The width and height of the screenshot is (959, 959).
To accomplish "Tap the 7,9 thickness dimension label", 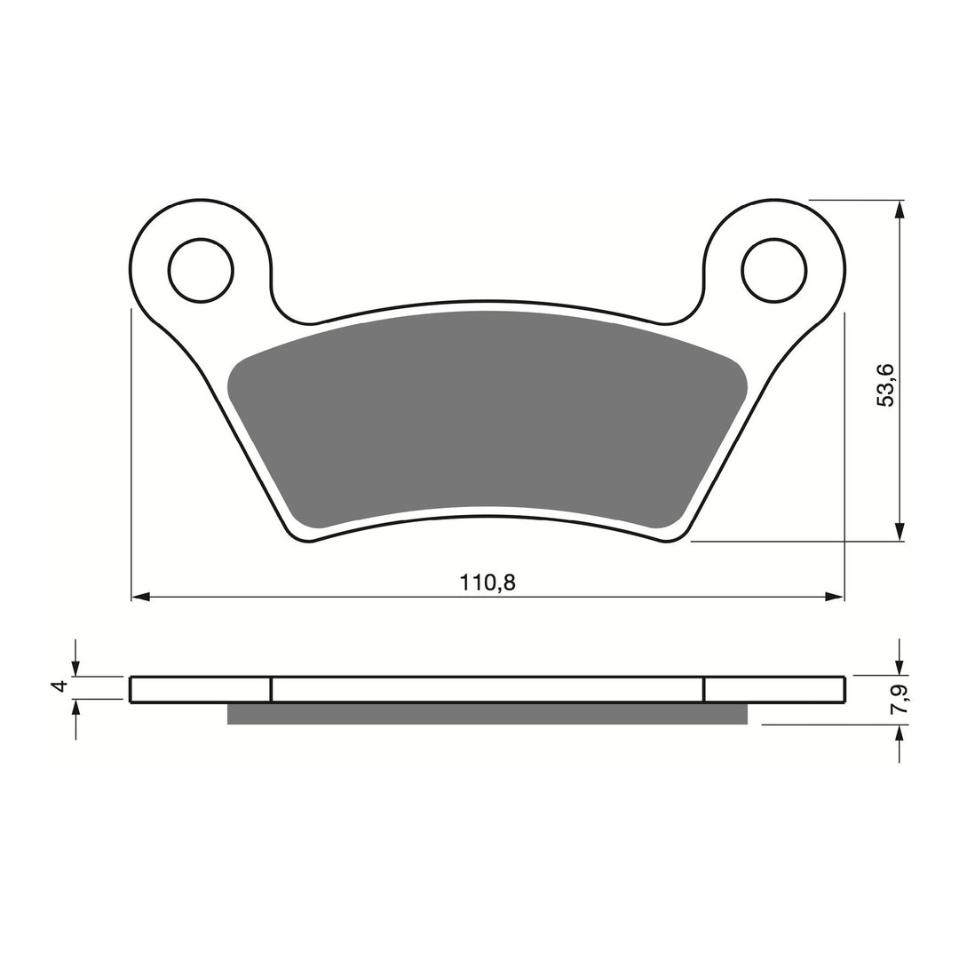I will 900,701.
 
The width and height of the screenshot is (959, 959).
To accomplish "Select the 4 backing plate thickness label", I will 59,686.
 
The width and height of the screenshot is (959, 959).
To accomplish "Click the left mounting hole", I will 201,270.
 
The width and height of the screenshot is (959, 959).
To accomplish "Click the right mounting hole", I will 774,270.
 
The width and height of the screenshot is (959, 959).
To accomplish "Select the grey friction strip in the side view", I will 487,714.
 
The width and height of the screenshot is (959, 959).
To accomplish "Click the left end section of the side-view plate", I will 201,690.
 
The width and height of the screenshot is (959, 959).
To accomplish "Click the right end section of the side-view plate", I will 773,690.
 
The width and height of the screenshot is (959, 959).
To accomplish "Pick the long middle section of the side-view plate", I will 487,690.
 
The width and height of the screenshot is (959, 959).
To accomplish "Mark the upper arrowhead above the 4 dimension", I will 76,667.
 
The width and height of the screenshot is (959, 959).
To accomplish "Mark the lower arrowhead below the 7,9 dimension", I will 900,735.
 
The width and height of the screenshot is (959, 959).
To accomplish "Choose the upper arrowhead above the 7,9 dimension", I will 900,667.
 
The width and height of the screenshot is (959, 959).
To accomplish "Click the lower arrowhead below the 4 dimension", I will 76,709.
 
